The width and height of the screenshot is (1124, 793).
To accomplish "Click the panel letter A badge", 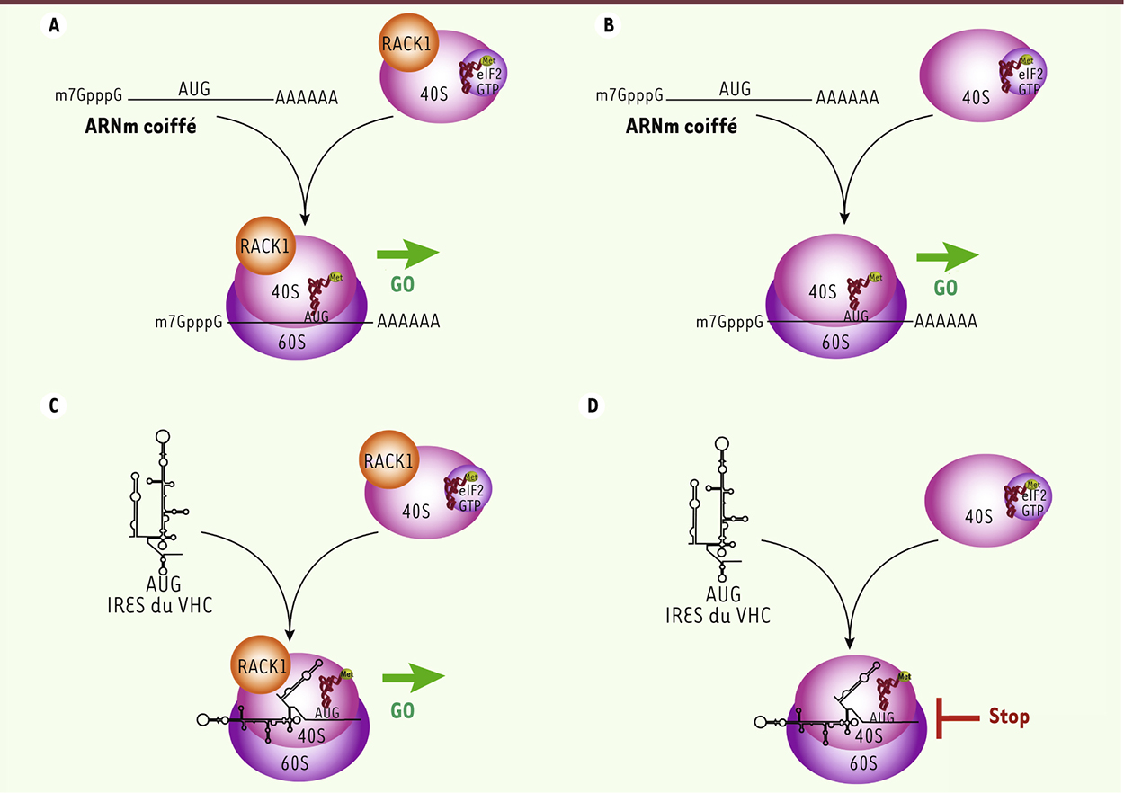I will [55, 26].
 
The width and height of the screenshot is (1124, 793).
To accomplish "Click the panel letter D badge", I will [593, 406].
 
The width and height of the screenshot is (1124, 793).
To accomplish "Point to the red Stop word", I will [1009, 717].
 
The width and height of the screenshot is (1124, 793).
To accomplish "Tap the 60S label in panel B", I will [835, 342].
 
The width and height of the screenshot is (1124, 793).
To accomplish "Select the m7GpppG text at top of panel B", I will [630, 95].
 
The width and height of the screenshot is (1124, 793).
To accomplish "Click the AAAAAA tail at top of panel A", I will [307, 98].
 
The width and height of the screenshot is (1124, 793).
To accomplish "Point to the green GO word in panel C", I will [402, 710].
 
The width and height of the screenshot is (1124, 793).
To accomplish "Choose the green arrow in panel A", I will [407, 254].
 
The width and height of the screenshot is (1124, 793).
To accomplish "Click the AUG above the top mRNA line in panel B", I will [735, 88].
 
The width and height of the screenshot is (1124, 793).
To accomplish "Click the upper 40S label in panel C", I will [416, 511].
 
